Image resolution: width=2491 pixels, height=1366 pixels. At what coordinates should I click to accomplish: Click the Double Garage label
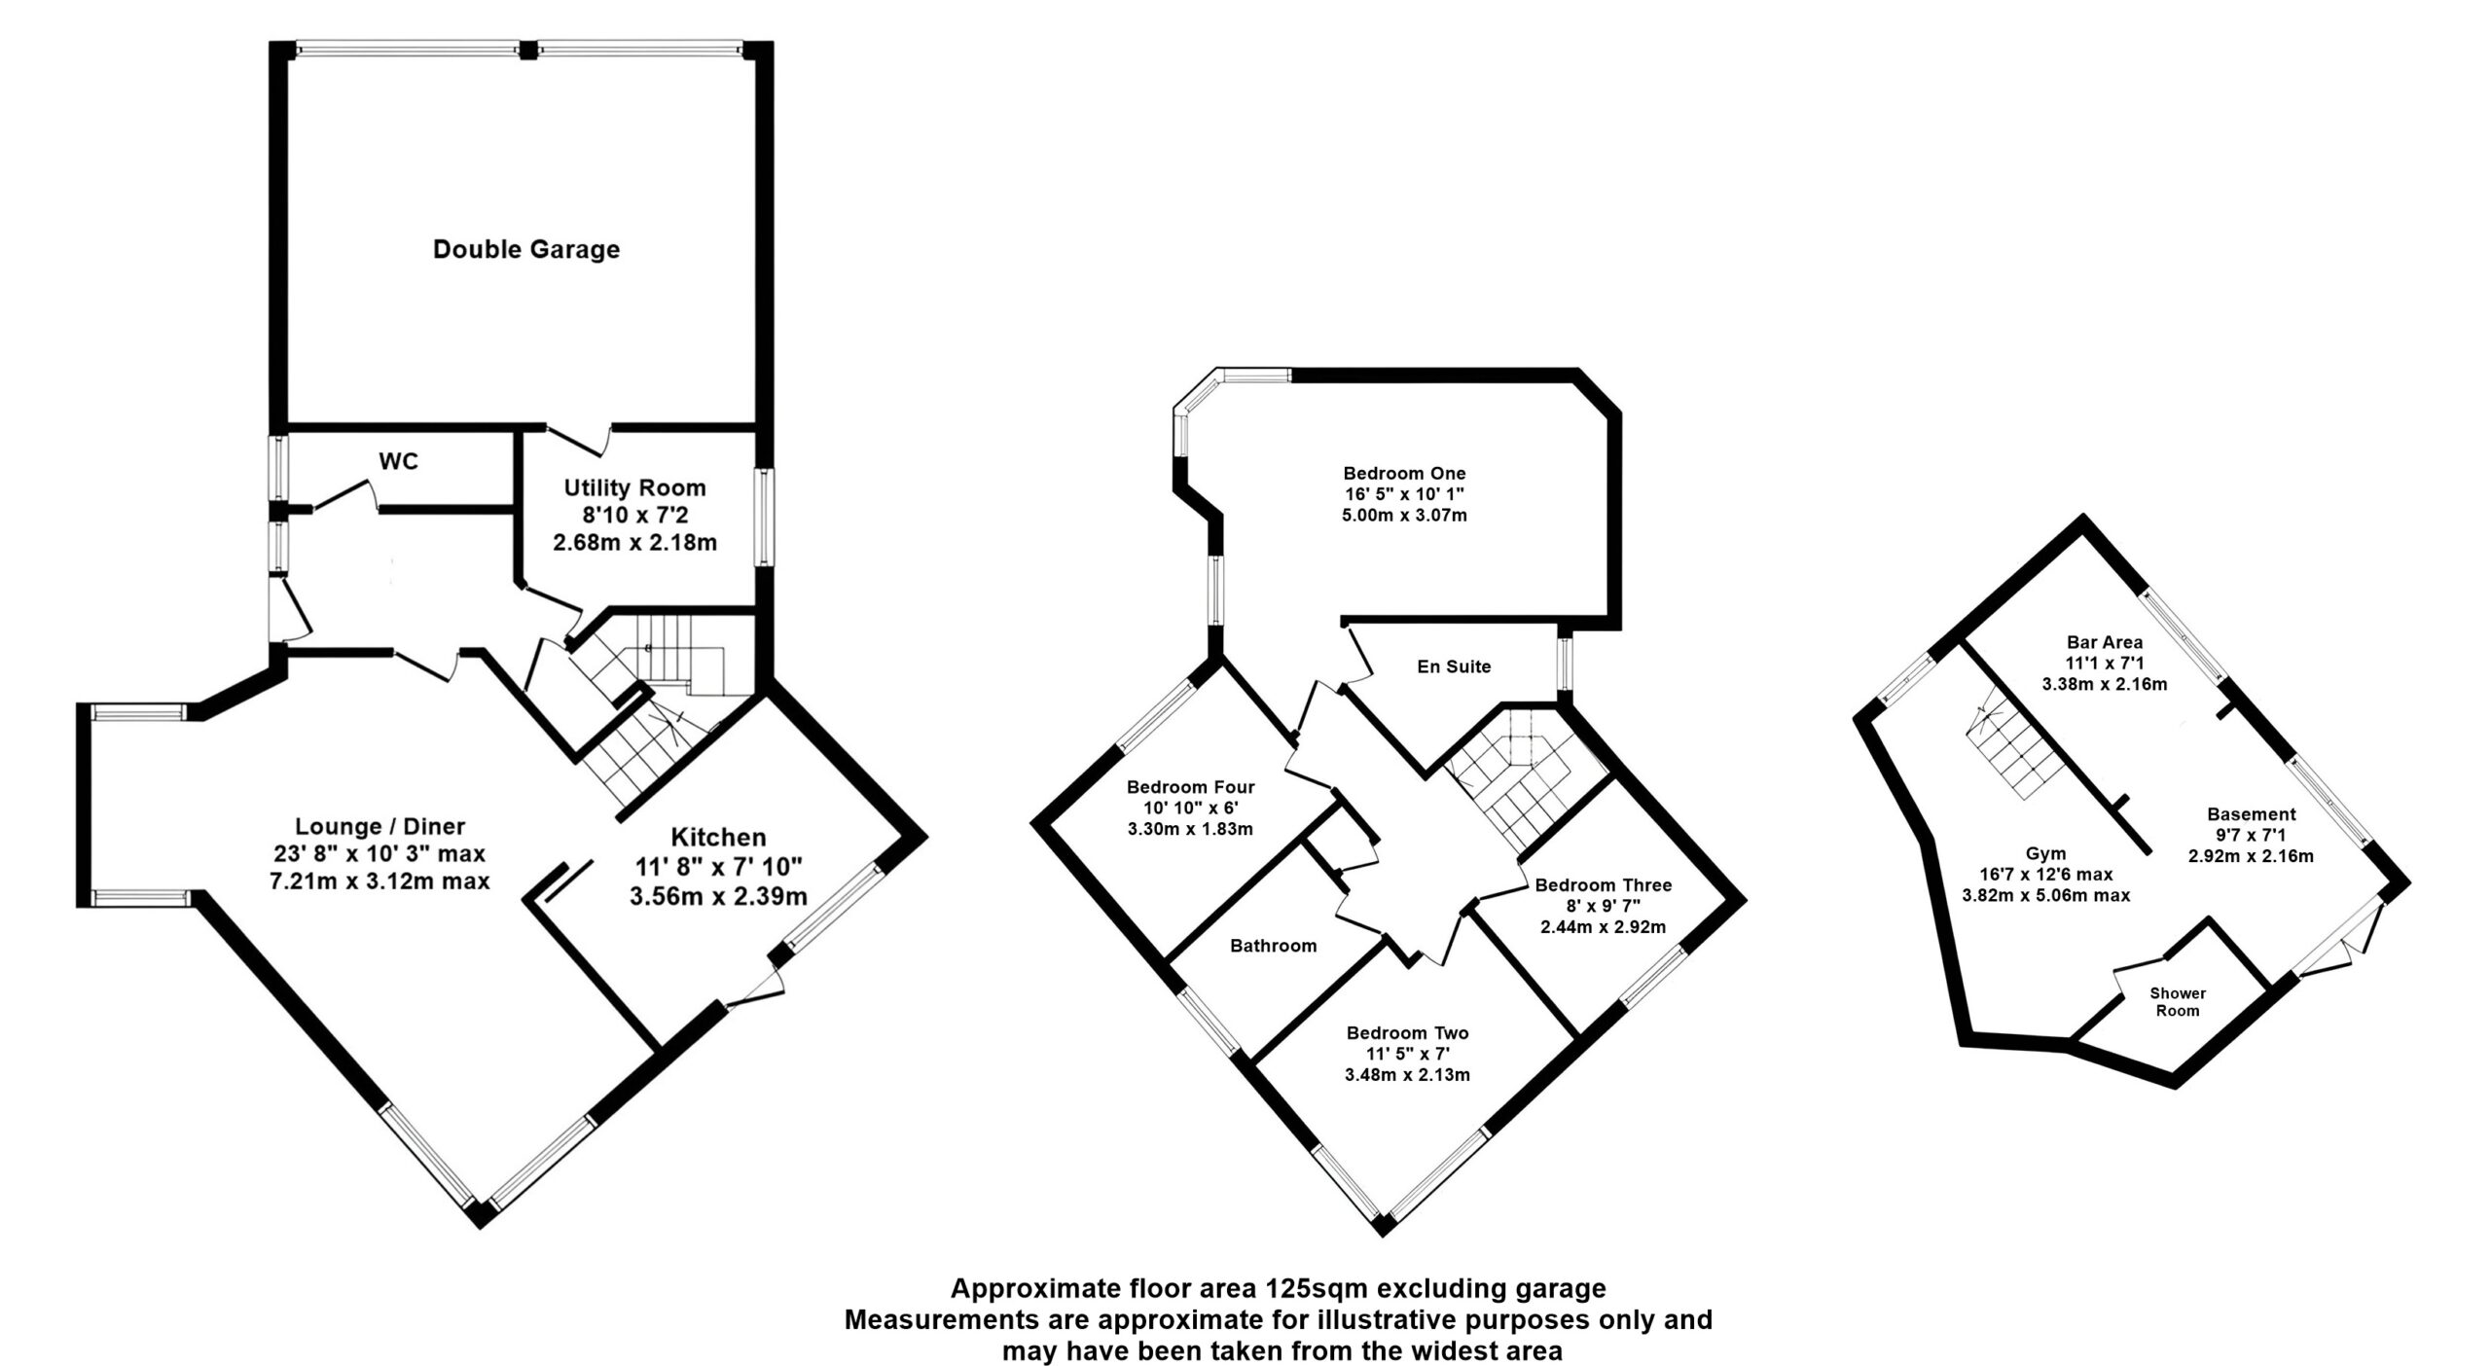(x=526, y=250)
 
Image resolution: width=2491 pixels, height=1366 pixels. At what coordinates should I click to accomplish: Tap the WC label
(x=399, y=461)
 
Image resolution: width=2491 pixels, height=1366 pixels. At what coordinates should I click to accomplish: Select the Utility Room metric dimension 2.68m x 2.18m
(x=634, y=543)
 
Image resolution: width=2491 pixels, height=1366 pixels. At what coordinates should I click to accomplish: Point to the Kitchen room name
(x=718, y=837)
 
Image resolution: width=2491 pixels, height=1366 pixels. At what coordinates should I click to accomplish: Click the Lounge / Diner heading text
(x=380, y=826)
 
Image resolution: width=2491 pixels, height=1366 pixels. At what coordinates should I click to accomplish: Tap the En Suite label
(x=1454, y=666)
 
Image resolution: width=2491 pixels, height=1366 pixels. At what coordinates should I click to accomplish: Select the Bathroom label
(x=1273, y=946)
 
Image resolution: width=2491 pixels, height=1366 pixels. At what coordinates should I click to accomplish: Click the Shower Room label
(x=2178, y=1002)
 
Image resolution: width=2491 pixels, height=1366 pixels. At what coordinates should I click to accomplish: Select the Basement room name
(x=2251, y=814)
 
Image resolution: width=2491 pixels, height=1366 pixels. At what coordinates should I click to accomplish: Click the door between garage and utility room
(x=579, y=440)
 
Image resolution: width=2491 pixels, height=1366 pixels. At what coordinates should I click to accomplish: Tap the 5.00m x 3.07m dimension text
(x=1404, y=516)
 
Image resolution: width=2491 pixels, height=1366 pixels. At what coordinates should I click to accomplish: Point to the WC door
(x=345, y=493)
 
